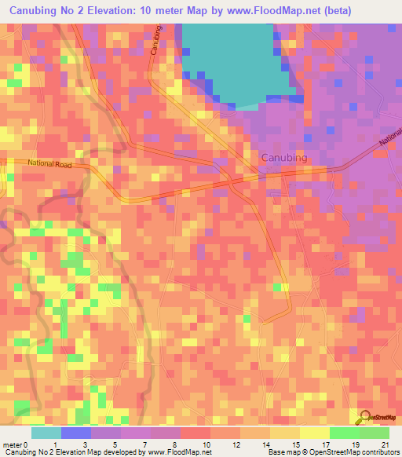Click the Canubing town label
(x=283, y=158)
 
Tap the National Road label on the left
(x=49, y=163)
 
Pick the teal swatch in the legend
(x=46, y=432)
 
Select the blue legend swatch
(x=75, y=432)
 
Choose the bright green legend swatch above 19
(x=344, y=432)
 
